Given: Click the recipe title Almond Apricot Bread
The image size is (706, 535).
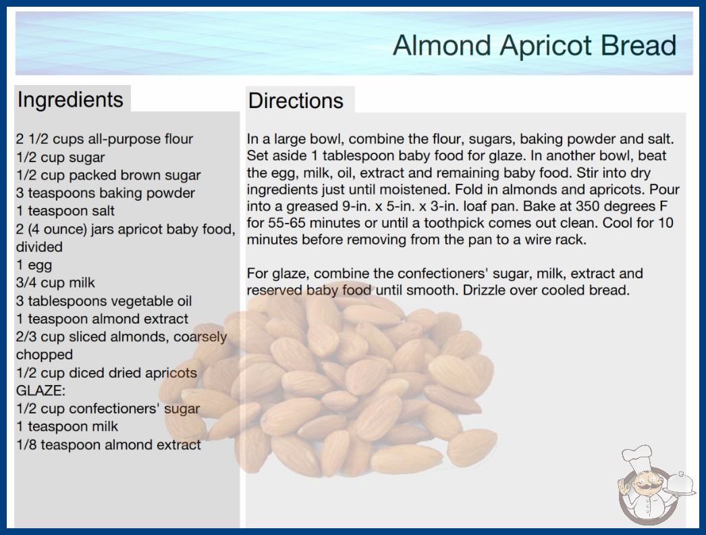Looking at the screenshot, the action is click(x=535, y=45).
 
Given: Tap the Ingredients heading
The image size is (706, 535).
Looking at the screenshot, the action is click(x=70, y=99).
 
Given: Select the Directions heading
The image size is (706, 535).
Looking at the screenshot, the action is click(x=296, y=101).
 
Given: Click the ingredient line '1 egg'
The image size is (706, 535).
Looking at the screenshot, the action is click(x=34, y=265).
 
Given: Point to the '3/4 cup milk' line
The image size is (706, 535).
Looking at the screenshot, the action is click(x=55, y=282).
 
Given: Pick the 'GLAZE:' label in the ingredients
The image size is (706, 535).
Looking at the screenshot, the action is click(x=40, y=390).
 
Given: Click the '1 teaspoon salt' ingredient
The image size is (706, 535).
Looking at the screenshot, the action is click(x=65, y=211).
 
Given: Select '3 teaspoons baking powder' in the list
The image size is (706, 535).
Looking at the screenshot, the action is click(x=105, y=193).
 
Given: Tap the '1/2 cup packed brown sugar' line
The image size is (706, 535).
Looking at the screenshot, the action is click(x=109, y=175).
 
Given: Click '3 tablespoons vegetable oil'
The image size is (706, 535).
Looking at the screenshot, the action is click(x=104, y=301).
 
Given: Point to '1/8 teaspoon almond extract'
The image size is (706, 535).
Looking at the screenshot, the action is click(x=109, y=444).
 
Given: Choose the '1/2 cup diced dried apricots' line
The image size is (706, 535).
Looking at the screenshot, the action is click(x=107, y=373).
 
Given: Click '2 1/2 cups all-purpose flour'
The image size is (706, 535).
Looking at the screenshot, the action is click(x=105, y=139).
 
